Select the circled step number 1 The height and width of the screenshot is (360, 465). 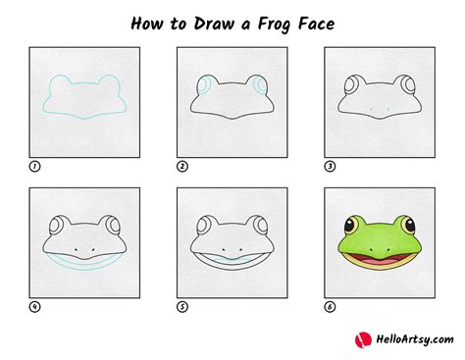coord(34,167)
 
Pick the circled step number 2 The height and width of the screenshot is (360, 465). coord(181,167)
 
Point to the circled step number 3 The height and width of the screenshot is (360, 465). coord(329,167)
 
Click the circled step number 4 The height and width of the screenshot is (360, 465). coord(34,306)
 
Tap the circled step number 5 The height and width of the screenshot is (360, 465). coord(181,306)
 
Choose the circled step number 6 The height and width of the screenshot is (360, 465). coord(329,306)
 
